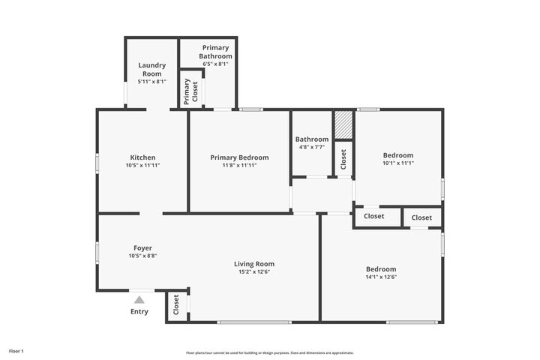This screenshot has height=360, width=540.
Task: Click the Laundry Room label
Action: point(151,70)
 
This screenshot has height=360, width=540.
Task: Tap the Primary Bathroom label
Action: point(215,52)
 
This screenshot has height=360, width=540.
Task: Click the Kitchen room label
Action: point(142,157)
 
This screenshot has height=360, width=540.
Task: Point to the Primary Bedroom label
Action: point(239,157)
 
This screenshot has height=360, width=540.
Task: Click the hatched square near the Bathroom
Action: point(343,125)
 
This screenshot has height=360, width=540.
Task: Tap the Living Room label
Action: point(254,264)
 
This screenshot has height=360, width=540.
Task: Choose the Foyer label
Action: point(142,247)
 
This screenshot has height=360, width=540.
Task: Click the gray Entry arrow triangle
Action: point(139,300)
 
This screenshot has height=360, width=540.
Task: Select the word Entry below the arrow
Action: point(139,311)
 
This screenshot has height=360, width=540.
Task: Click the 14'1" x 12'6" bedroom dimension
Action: point(381,277)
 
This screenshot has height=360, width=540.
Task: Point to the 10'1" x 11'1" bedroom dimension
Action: point(398,163)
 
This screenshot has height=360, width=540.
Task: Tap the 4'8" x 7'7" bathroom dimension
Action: point(311,147)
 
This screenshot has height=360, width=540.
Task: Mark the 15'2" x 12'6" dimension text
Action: point(254,271)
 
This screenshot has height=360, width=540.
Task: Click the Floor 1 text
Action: point(16,350)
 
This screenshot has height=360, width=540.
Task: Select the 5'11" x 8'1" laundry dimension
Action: point(151,82)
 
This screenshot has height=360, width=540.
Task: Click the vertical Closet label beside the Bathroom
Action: point(343,159)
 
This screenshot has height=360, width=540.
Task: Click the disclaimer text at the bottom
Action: point(269,352)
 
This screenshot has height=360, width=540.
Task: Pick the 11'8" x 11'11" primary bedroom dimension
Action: point(239,165)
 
